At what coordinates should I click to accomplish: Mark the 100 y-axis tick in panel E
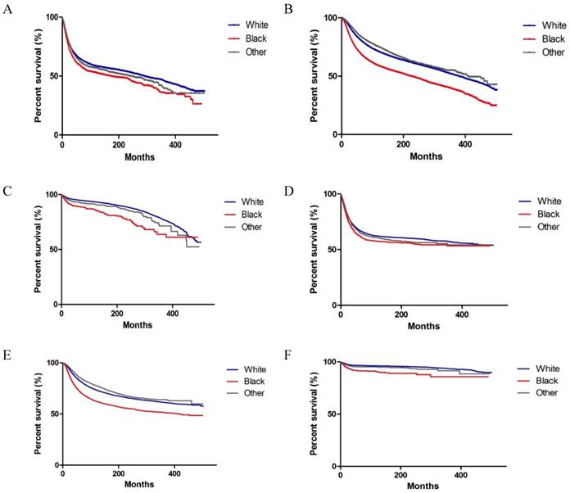click(51, 363)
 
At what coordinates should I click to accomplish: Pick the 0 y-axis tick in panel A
click(56, 135)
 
